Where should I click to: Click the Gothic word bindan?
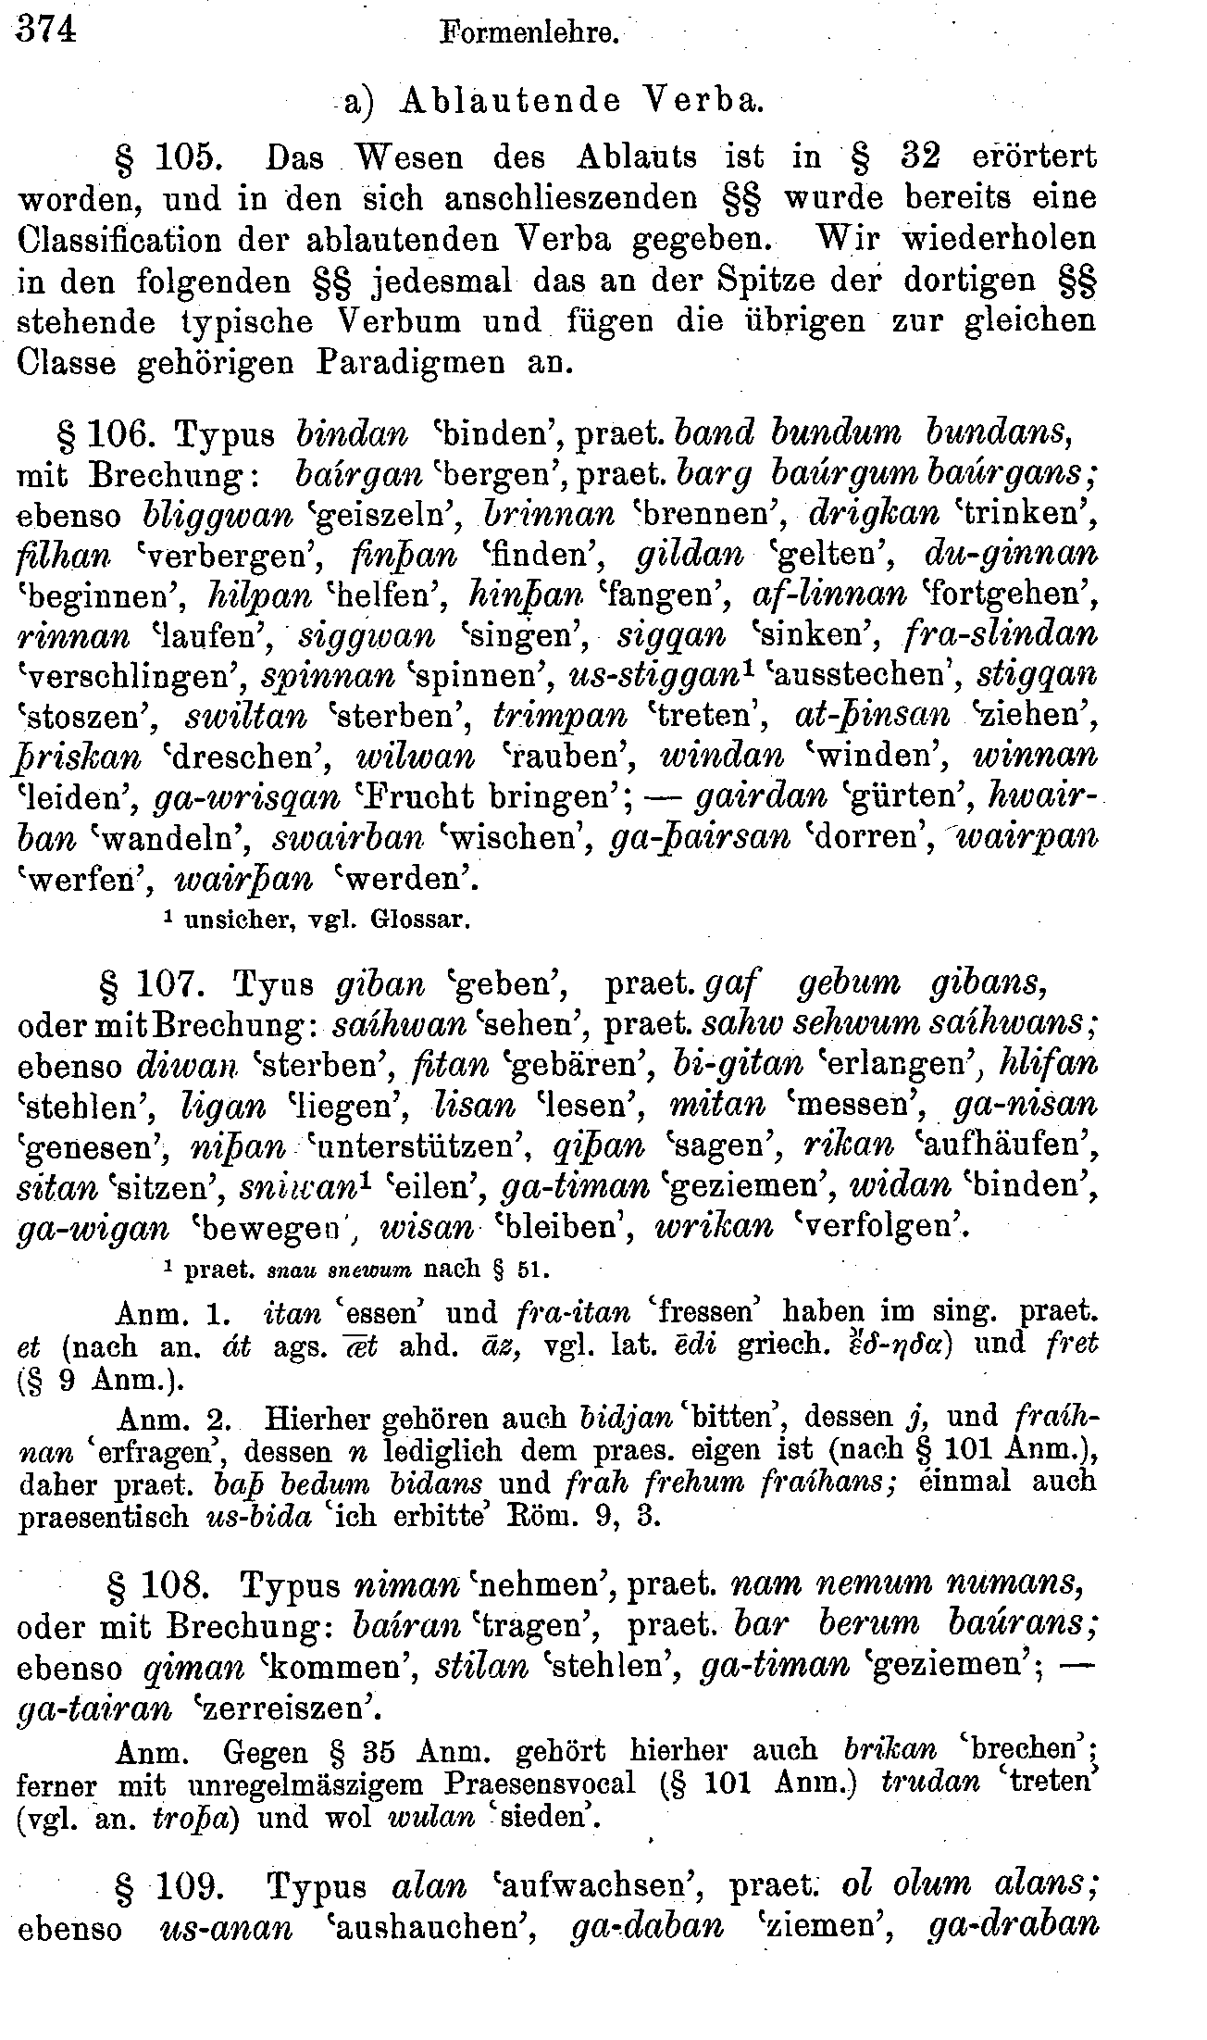click(x=352, y=433)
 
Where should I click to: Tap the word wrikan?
click(x=713, y=1228)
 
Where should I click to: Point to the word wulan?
click(x=431, y=1819)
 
